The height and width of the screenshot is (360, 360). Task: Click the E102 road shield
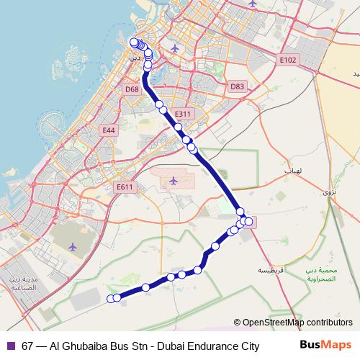tap(288, 60)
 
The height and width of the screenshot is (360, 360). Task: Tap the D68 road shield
tap(131, 89)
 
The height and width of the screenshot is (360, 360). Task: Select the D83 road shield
tap(237, 86)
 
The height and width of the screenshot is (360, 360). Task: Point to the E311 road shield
tap(184, 114)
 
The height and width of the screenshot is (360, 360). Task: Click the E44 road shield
tap(109, 130)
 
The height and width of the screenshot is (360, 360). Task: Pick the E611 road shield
tap(125, 186)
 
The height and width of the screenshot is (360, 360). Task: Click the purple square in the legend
tap(11, 346)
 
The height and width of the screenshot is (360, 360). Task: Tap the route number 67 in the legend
tap(27, 346)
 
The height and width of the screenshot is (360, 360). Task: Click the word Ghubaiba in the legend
tap(84, 346)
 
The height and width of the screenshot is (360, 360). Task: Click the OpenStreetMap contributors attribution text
tap(297, 323)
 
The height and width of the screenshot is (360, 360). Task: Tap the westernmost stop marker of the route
tap(110, 298)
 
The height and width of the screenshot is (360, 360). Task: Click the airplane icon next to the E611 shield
tap(173, 180)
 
